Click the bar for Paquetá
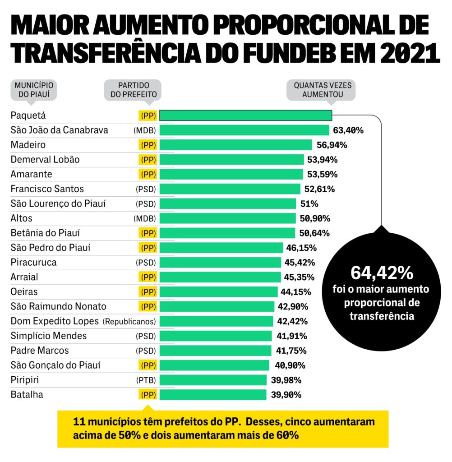coord(246,115)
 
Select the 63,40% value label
coord(348,130)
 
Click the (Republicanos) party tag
coord(129,322)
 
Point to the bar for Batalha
coord(213,395)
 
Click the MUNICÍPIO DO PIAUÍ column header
coord(34,89)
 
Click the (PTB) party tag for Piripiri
coord(146,380)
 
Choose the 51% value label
coord(309,203)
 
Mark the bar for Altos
coord(228,218)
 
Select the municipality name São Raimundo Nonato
coord(58,307)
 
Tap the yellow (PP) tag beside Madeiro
coord(148,145)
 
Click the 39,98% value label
coord(286,380)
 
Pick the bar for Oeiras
coord(218,292)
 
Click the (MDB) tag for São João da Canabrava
coord(145,130)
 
